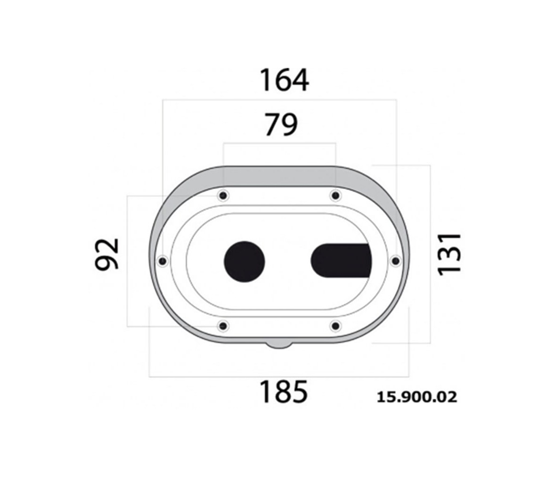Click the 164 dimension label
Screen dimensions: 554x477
click(x=284, y=80)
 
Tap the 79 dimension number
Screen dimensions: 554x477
click(x=281, y=124)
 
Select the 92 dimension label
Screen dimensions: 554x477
click(x=107, y=254)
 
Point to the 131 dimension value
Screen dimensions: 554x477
click(x=449, y=254)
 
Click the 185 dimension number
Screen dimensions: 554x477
click(x=284, y=391)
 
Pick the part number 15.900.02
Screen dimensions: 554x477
click(x=417, y=397)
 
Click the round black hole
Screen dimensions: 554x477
click(x=244, y=262)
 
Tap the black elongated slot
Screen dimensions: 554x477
click(x=341, y=261)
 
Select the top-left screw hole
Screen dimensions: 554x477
click(x=223, y=195)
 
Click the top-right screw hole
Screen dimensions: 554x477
click(x=335, y=195)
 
